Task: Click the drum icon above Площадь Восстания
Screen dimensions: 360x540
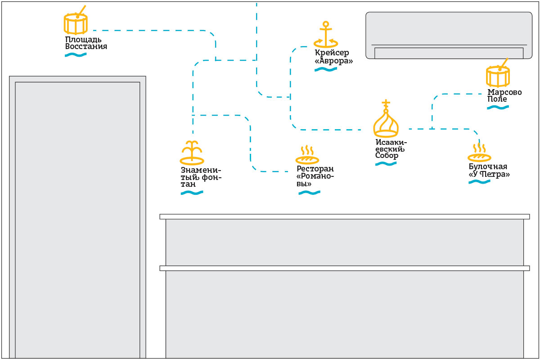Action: (75, 24)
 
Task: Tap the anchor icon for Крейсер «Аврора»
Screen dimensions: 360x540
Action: (325, 35)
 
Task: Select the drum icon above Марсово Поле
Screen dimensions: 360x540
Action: (498, 76)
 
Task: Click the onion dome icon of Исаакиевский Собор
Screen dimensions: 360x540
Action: (386, 123)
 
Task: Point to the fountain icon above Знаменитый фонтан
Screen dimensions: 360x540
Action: (192, 153)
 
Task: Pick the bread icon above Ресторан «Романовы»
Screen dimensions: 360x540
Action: (307, 156)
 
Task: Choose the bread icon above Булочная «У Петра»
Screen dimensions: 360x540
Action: (479, 153)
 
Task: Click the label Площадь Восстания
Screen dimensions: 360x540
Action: (86, 43)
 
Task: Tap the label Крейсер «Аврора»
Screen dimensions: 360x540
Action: (333, 57)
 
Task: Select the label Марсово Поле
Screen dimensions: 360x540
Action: (504, 95)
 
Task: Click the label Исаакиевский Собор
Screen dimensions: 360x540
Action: (391, 149)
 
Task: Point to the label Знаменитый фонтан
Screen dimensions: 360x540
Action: (201, 177)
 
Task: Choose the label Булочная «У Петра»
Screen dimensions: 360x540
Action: (489, 171)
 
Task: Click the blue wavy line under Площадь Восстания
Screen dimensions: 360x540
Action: (76, 55)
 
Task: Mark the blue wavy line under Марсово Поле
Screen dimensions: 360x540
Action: (498, 108)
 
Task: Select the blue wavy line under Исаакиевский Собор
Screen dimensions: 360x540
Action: (386, 164)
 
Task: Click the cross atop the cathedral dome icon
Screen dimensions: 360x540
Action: (386, 103)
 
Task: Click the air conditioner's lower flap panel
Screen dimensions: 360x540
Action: (449, 53)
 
